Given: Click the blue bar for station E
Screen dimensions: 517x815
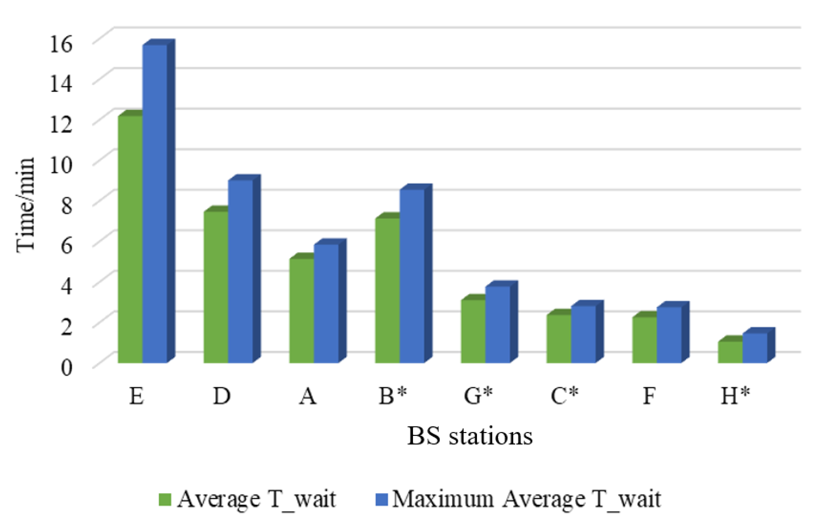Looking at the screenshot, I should click(x=155, y=203).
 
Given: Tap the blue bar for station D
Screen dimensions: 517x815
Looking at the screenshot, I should click(x=240, y=271).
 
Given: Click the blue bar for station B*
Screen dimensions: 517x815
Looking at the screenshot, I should click(x=412, y=276).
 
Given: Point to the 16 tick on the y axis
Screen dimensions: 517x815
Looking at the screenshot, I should click(x=61, y=44).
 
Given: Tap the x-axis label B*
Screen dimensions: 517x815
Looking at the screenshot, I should click(x=393, y=395).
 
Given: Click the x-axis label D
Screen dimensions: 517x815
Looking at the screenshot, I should click(x=222, y=395).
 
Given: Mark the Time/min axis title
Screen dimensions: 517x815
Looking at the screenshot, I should click(x=25, y=205).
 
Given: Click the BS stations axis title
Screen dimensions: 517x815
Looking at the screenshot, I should click(x=469, y=436).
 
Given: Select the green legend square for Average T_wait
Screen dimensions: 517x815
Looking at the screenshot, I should click(x=165, y=499).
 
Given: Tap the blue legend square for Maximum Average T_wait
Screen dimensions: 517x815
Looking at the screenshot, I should click(x=381, y=499).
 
